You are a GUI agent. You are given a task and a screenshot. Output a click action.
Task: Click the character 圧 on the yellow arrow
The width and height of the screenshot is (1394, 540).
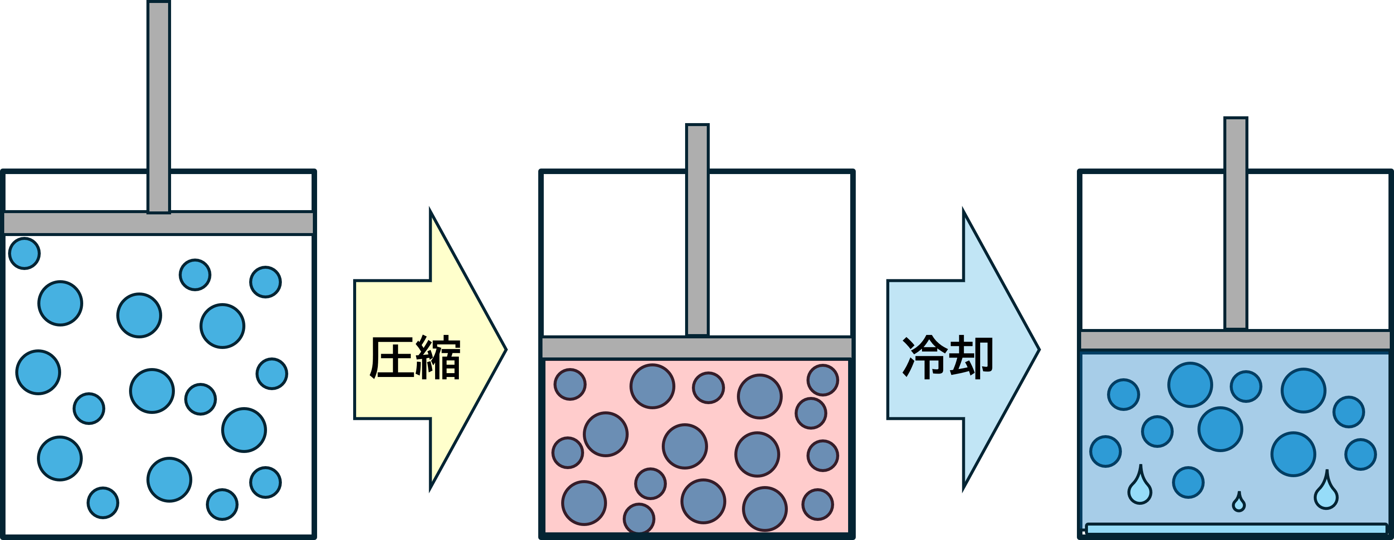coord(392,357)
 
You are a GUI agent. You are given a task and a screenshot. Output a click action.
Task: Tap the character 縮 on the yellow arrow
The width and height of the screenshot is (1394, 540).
coord(438,357)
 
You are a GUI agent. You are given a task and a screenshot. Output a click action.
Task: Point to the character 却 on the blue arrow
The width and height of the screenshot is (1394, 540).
coord(971,357)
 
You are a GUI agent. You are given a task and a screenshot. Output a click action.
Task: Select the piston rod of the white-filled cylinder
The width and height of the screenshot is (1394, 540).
coord(159,107)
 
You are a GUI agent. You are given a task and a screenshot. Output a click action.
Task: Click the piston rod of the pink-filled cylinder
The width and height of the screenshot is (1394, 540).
coord(697,231)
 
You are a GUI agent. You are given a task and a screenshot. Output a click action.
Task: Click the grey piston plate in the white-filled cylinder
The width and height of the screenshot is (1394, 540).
coord(159,223)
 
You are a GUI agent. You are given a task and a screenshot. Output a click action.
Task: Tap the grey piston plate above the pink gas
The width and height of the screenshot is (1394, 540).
coord(697,347)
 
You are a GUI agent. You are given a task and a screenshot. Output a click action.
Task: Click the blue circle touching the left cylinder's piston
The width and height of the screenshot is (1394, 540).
coord(24,253)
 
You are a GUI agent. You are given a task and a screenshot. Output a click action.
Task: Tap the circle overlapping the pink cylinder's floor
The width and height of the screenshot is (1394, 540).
coord(639,519)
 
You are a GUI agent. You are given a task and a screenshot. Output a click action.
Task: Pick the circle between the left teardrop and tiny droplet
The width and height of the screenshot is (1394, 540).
coord(1189,483)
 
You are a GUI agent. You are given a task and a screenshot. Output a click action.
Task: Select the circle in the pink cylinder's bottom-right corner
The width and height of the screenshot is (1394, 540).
coord(818,505)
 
